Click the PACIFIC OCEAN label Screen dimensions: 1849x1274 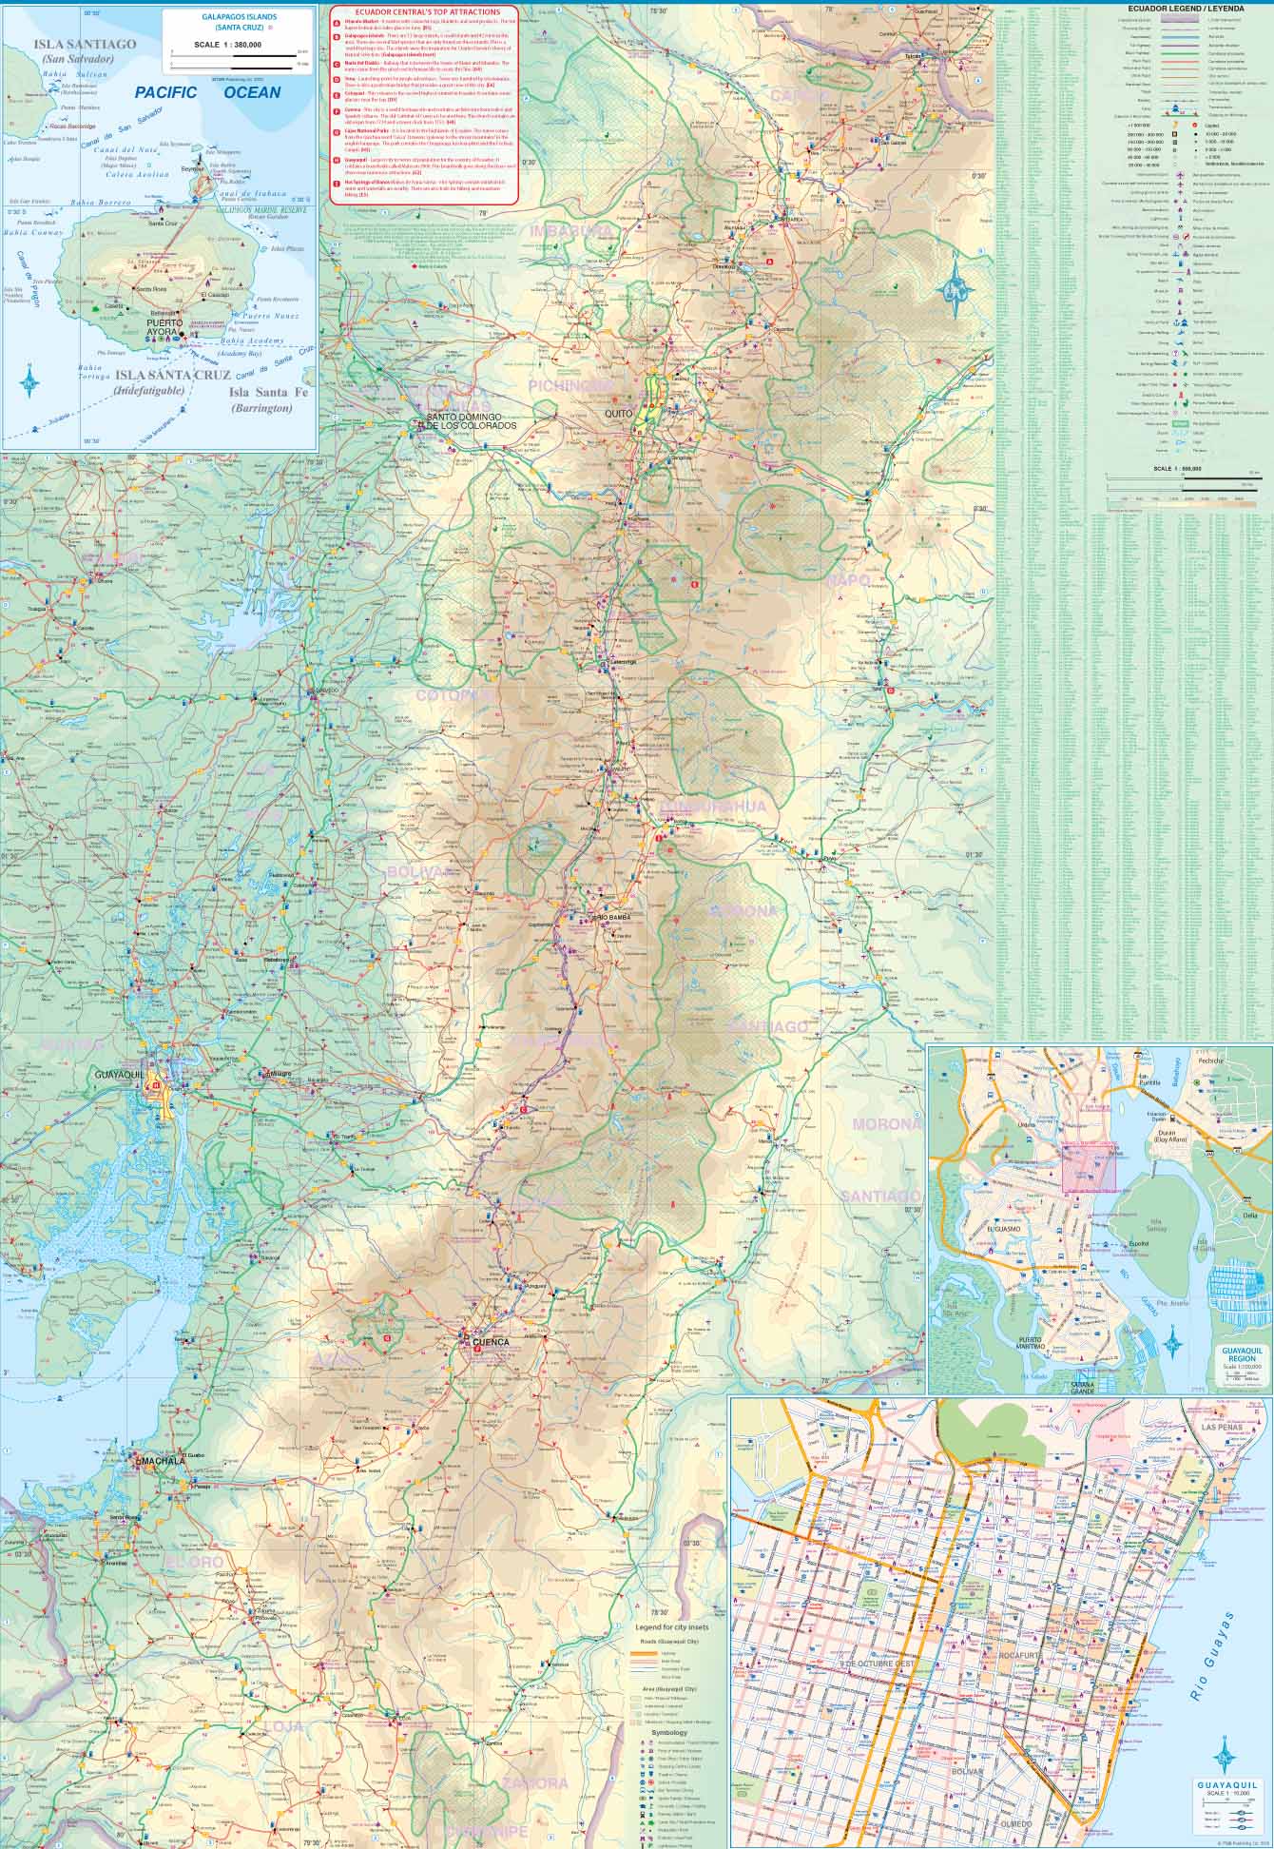pos(206,92)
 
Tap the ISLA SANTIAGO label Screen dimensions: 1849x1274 pos(84,44)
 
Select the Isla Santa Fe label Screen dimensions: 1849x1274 pos(261,392)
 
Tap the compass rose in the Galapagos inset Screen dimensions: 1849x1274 pos(30,380)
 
